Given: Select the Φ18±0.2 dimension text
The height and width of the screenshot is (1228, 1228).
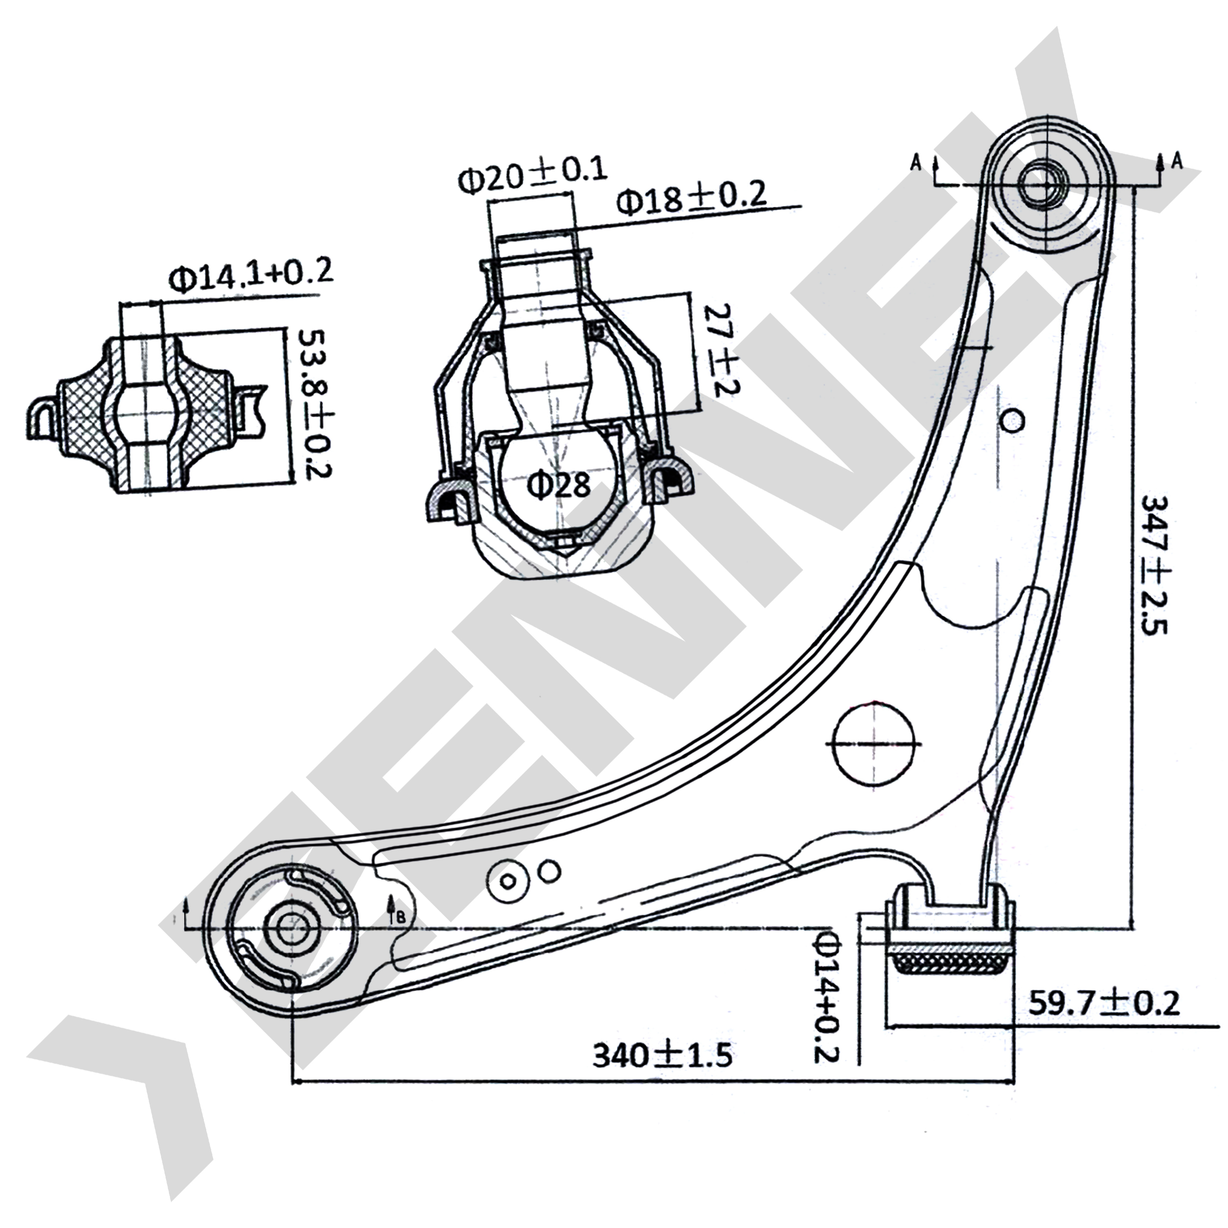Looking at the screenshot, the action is (x=691, y=199).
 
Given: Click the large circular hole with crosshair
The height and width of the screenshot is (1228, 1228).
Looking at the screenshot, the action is (x=876, y=743).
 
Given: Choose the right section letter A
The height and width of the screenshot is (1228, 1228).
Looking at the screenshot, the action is (x=1176, y=162).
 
